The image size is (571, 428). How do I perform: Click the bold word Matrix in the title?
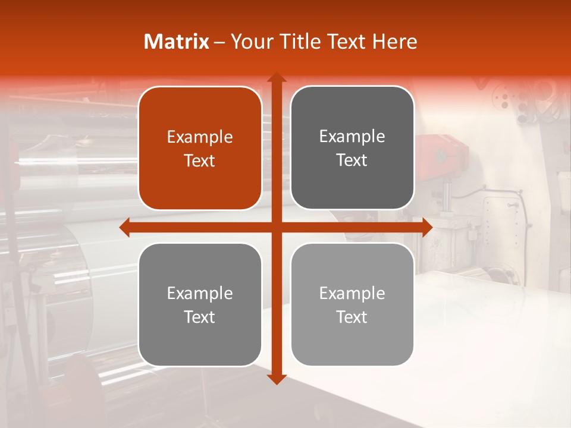point(177,42)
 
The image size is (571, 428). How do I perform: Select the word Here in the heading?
point(394,42)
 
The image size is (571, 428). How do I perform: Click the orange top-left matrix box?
point(200,149)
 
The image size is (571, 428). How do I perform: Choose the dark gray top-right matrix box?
point(352,148)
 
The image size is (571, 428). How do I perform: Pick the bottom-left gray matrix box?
point(200,305)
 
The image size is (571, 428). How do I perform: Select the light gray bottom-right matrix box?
point(352,304)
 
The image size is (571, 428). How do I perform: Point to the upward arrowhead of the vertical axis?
point(276,77)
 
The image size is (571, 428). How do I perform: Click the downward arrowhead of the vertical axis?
point(276,379)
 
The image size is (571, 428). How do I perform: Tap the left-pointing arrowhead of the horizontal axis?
point(125,227)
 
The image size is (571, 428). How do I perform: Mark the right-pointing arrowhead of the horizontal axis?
point(426,227)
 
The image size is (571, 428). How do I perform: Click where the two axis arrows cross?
point(276,227)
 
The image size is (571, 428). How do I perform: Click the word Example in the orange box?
point(200,137)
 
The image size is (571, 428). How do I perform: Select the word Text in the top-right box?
point(352,160)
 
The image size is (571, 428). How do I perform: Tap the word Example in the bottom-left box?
point(200,294)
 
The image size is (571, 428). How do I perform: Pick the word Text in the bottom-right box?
point(352,317)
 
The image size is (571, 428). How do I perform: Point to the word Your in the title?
point(252,42)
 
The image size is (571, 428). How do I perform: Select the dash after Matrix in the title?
point(219,42)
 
